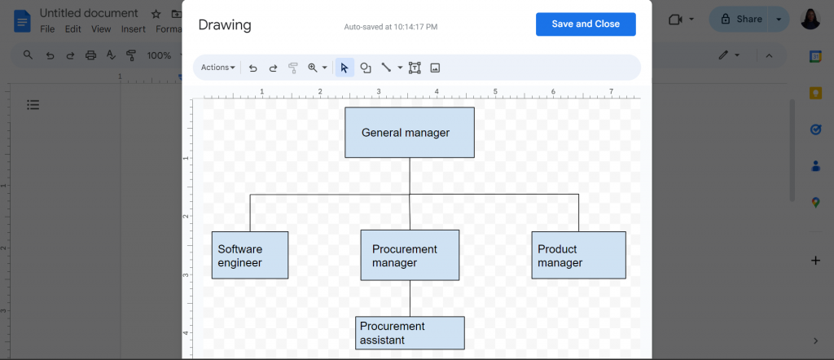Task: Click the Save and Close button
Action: click(x=586, y=24)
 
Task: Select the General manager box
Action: click(x=410, y=133)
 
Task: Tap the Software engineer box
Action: click(x=250, y=255)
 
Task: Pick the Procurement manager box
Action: click(x=410, y=255)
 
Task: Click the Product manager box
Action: click(x=579, y=255)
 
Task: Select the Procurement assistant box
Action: click(x=410, y=333)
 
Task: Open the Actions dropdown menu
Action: click(x=218, y=68)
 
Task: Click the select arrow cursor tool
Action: click(x=345, y=68)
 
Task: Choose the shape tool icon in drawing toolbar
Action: click(x=366, y=68)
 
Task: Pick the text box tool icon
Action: click(x=415, y=68)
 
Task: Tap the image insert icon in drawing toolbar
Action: click(x=435, y=68)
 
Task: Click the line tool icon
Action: click(x=386, y=68)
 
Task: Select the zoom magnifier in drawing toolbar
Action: click(x=313, y=68)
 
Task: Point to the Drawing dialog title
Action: click(x=225, y=25)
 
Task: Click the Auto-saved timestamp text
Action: click(x=391, y=26)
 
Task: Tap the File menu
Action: click(x=47, y=29)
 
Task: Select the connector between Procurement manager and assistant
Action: click(x=410, y=298)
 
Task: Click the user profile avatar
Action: click(x=810, y=20)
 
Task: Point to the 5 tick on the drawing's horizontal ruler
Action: click(x=495, y=91)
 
